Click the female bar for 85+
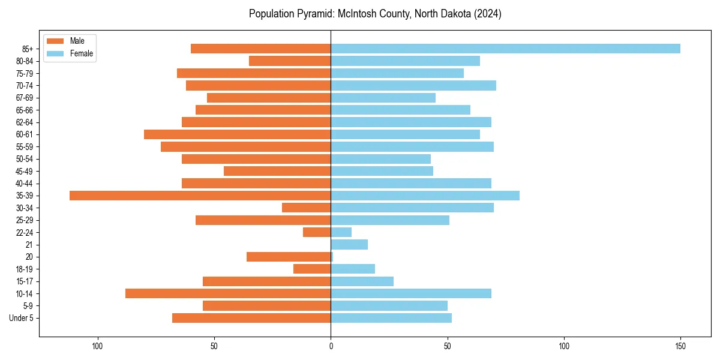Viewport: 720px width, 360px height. [505, 49]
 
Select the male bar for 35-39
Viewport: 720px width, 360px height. [200, 196]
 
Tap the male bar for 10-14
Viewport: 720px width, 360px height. [228, 293]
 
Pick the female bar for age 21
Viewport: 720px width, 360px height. [349, 244]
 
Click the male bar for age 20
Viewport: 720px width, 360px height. [289, 257]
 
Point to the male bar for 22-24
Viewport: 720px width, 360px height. [317, 232]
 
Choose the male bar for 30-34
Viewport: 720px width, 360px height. [306, 208]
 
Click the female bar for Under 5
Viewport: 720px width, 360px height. [391, 318]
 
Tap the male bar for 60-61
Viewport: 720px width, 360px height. [237, 134]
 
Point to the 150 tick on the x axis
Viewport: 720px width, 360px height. [680, 346]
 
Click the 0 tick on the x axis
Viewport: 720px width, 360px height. [331, 346]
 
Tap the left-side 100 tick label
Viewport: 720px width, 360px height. [97, 346]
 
